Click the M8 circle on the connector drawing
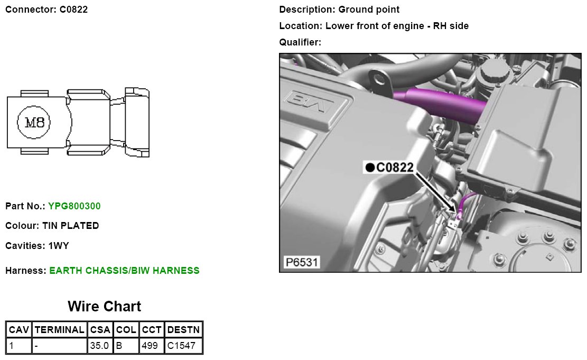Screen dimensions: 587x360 point(34,122)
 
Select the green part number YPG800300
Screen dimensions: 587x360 point(74,206)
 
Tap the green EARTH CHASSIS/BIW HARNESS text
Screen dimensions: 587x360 point(124,271)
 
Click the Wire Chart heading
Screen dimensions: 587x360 point(105,306)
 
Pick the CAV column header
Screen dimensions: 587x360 point(18,330)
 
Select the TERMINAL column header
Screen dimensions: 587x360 point(60,330)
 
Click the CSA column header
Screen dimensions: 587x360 point(100,330)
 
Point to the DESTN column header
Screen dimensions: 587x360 point(183,330)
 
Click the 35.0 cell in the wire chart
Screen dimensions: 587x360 point(99,345)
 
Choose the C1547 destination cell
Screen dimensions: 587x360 point(181,345)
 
